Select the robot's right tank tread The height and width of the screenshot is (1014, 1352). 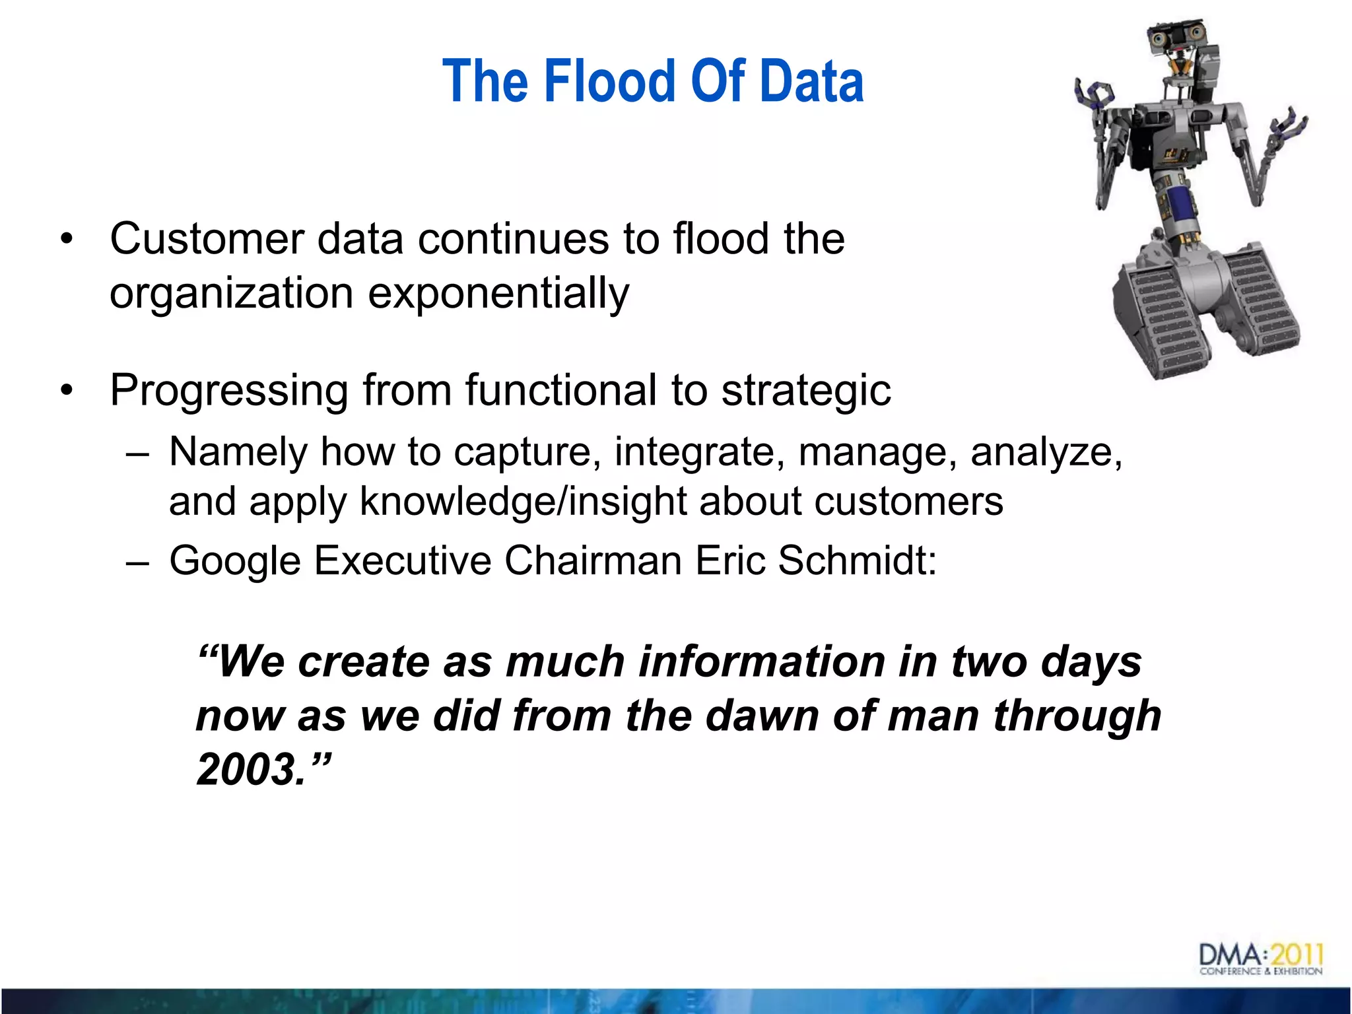[x=1264, y=297]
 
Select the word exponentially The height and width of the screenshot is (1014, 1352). [x=498, y=294]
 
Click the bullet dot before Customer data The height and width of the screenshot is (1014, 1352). [x=66, y=240]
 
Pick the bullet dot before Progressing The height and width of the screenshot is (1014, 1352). [x=66, y=391]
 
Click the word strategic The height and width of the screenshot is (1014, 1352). [x=806, y=391]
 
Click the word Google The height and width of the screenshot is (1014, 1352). [x=234, y=561]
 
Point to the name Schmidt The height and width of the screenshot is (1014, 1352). [x=856, y=561]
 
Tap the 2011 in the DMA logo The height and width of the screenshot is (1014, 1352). [x=1297, y=954]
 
